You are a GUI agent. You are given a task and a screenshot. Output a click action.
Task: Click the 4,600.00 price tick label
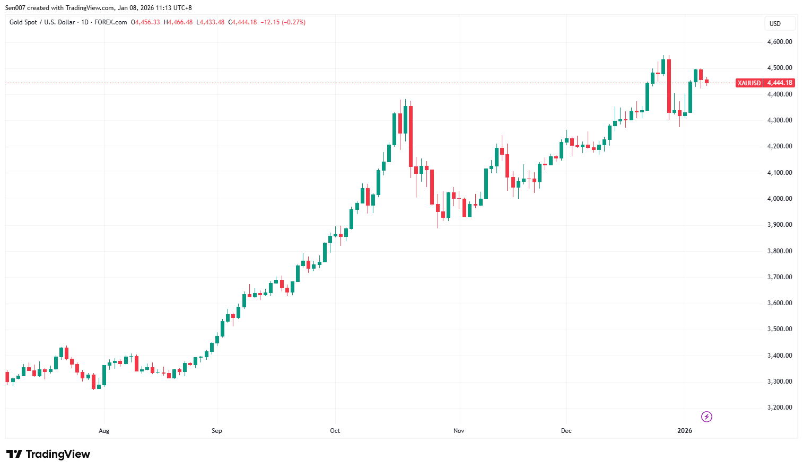click(x=779, y=42)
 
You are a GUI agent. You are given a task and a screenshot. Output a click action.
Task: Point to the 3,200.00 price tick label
click(x=779, y=407)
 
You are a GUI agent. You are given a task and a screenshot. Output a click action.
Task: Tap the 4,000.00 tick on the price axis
click(x=779, y=199)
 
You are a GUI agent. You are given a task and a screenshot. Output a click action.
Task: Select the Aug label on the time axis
click(x=104, y=431)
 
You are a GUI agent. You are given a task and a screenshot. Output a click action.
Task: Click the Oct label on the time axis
click(x=335, y=431)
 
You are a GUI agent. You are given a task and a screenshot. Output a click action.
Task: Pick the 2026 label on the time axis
click(x=685, y=431)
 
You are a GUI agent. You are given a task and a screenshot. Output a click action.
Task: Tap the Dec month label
click(x=566, y=431)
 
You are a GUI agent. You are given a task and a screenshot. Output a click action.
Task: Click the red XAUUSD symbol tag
click(x=749, y=83)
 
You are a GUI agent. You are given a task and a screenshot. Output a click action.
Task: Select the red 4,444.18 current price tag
click(x=780, y=83)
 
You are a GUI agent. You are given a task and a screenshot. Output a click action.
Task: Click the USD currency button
click(x=775, y=24)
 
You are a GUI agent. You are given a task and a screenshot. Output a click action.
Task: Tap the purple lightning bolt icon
click(x=706, y=417)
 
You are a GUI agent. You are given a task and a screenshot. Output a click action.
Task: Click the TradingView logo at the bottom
click(x=48, y=454)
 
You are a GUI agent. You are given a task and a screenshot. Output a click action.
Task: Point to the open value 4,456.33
click(x=147, y=22)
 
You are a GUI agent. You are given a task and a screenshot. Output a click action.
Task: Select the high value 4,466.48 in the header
click(x=180, y=22)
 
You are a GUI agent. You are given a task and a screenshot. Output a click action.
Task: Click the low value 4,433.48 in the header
click(x=212, y=22)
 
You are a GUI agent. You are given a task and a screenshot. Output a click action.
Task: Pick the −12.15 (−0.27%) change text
click(x=283, y=22)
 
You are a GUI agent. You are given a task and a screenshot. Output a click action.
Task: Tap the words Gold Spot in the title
click(x=23, y=22)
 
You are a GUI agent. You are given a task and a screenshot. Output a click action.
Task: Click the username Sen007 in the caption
click(x=15, y=8)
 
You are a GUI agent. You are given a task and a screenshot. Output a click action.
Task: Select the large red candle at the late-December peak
click(x=669, y=86)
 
